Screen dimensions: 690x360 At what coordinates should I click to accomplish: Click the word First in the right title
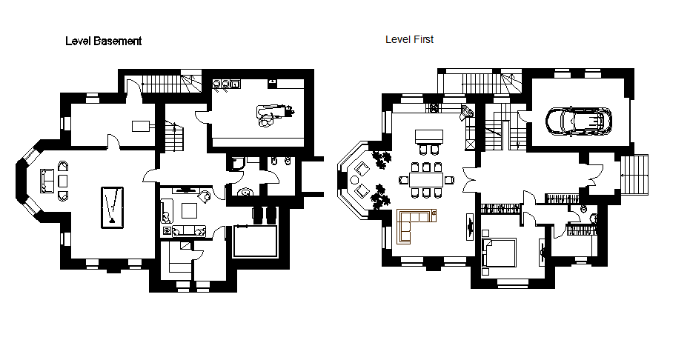click(423, 39)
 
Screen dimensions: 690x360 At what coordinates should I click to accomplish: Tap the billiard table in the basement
click(112, 207)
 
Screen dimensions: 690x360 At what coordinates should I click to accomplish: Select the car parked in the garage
click(579, 121)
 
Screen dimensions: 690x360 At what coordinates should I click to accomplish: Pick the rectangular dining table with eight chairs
click(426, 180)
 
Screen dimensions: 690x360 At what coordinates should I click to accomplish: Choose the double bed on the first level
click(500, 253)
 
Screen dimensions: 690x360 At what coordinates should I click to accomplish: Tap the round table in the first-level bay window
click(354, 180)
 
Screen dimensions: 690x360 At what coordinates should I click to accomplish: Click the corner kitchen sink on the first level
click(467, 112)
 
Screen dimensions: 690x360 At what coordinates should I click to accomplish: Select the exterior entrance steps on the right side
click(634, 175)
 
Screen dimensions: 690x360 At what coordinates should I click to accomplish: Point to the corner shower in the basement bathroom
click(237, 164)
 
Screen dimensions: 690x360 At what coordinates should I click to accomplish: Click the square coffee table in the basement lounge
click(190, 210)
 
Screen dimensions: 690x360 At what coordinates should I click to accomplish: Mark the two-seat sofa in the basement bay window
click(47, 181)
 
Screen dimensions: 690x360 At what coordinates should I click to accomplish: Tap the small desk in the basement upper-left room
click(141, 126)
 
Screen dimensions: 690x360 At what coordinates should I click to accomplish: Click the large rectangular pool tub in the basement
click(255, 241)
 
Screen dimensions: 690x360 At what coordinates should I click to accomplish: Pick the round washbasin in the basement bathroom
click(245, 192)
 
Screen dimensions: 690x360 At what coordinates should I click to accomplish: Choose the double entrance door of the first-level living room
click(470, 180)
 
